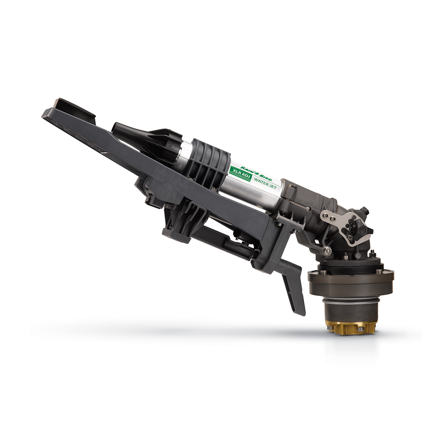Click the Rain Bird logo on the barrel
[x=256, y=173]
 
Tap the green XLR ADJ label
[x=240, y=174]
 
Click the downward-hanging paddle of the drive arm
[x=292, y=290]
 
